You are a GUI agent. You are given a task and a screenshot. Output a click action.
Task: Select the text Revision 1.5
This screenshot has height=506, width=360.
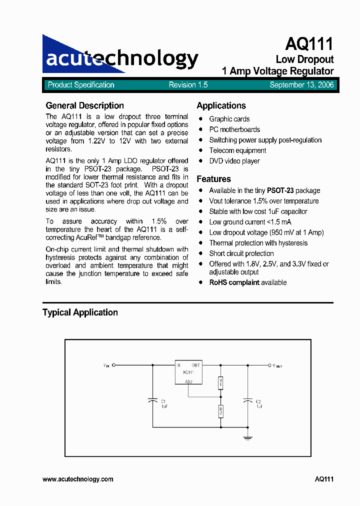click(188, 85)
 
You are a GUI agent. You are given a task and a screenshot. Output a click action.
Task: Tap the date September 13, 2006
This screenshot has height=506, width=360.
click(301, 85)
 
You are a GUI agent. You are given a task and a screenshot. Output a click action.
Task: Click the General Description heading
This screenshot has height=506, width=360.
click(84, 105)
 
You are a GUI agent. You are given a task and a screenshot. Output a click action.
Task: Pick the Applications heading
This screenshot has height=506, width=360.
click(221, 105)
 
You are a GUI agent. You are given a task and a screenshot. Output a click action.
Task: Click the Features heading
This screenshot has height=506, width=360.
click(213, 179)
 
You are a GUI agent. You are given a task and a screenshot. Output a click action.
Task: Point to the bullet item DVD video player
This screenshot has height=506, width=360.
click(234, 161)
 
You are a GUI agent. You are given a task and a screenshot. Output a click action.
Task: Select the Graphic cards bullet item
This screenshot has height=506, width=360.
click(229, 119)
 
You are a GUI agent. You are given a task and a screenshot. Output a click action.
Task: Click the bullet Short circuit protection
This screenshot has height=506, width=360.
click(241, 253)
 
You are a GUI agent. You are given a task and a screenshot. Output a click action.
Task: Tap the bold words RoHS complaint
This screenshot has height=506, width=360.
click(234, 282)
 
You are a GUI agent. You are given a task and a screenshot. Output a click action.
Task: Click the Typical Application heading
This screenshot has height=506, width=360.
click(80, 312)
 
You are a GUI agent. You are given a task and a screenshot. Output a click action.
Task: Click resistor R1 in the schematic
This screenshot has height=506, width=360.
click(220, 383)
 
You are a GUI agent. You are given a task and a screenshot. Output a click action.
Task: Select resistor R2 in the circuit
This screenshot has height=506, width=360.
click(220, 411)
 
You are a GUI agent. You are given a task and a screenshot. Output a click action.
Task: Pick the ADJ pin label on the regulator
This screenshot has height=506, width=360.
click(188, 381)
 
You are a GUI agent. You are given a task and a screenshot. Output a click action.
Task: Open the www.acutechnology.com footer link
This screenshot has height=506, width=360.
click(78, 479)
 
